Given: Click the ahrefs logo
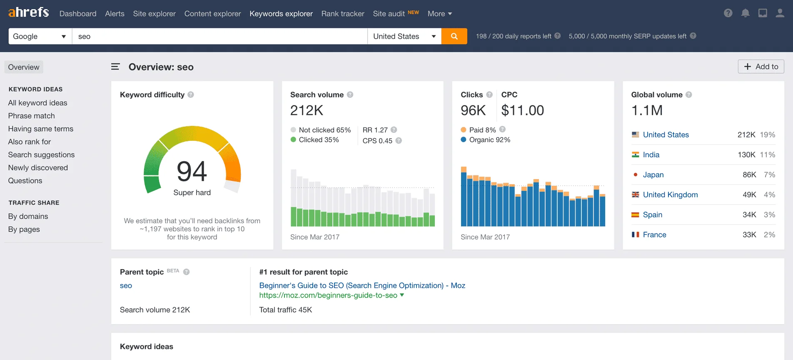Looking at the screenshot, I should (28, 12).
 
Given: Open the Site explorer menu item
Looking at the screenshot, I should (154, 14).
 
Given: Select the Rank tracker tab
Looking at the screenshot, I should (342, 14).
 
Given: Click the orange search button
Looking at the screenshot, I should (454, 36).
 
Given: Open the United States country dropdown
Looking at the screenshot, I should (404, 36).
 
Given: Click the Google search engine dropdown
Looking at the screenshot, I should (40, 36).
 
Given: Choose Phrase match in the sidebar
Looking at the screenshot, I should (31, 116).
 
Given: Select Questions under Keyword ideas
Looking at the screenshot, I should (25, 181).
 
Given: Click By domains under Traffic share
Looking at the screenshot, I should (28, 216).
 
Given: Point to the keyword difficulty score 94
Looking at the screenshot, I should (192, 171).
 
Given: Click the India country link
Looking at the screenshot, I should (651, 155).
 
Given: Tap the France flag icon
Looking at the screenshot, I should (635, 235).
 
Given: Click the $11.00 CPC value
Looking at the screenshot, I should (522, 110).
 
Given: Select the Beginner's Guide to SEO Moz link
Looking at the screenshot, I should (362, 285).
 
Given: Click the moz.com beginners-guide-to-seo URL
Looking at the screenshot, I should (328, 295).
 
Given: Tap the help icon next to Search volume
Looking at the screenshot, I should (350, 95).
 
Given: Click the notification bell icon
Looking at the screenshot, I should (745, 13).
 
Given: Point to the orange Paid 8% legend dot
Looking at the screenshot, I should (464, 130).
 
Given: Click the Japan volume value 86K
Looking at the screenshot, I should (749, 175).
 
